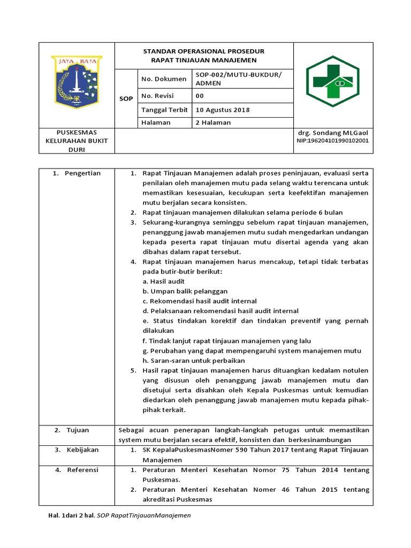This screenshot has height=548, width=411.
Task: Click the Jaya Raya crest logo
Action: (77, 80)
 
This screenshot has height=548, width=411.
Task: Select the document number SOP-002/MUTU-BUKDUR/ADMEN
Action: (238, 79)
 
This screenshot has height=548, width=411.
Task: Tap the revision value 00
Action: (200, 96)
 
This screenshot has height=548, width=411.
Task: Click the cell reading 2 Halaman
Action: (214, 123)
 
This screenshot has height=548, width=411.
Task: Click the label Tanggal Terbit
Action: (164, 110)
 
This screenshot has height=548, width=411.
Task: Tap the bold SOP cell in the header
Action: (126, 99)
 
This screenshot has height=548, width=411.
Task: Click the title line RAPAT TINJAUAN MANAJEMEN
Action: (204, 60)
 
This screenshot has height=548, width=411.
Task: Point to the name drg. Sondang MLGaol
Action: (332, 132)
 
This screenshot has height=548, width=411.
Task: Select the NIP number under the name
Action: (332, 141)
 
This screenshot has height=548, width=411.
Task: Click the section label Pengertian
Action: (82, 173)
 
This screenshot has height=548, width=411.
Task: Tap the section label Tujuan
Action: (78, 430)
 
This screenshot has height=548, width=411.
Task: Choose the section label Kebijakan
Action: (82, 450)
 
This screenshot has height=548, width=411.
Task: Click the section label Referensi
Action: (82, 470)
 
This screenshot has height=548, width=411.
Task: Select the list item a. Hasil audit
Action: (164, 281)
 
